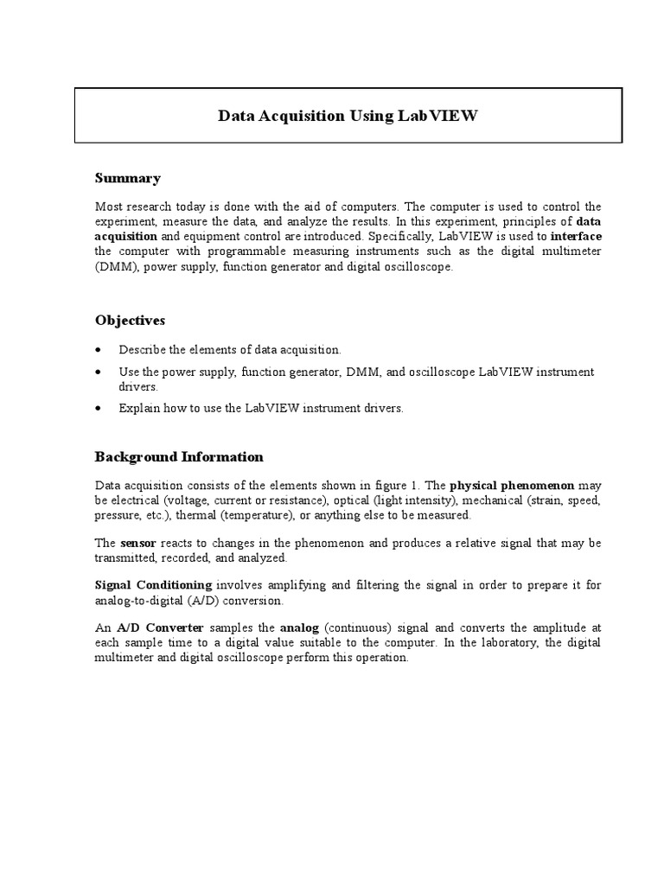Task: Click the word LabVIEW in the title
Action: tap(437, 116)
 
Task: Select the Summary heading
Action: tap(127, 178)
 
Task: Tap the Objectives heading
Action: tap(130, 320)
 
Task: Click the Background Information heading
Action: tap(179, 456)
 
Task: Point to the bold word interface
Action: tap(576, 235)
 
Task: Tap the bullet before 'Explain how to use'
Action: tap(100, 408)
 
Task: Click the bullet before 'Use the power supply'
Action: tap(100, 372)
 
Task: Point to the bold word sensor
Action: tap(137, 543)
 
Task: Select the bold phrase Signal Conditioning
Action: tap(153, 585)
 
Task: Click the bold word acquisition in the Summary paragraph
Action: tap(126, 235)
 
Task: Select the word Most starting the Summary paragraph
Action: tap(109, 207)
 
